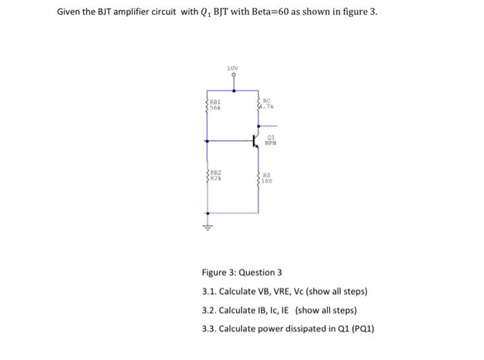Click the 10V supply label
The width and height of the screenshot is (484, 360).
(233, 67)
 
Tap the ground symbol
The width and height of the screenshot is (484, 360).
(206, 225)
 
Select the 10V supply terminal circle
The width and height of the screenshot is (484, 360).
(233, 77)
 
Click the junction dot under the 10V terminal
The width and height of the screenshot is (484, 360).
(233, 91)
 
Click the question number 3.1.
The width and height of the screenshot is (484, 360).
(209, 291)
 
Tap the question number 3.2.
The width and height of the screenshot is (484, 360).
(209, 310)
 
